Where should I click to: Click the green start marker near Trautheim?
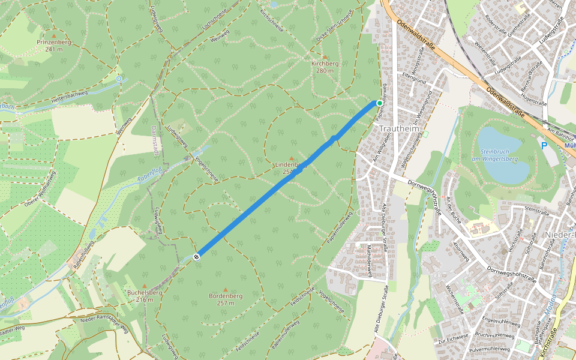380,103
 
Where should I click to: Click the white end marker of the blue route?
197,257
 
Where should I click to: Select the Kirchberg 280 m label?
325,67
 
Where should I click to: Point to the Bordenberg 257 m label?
225,299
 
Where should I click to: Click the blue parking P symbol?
544,146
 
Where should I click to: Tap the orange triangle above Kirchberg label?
325,56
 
